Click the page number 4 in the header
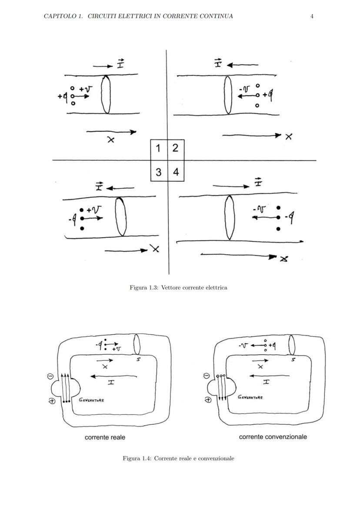point(312,16)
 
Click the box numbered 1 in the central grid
point(159,148)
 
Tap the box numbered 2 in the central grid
point(175,148)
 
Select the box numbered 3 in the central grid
point(159,172)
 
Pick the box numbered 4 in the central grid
point(176,172)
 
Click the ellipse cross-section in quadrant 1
point(106,94)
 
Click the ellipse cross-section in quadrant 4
point(229,217)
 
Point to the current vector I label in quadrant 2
point(218,64)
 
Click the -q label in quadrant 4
point(288,217)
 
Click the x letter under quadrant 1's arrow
point(111,140)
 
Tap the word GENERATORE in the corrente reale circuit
point(91,400)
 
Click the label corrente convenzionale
point(273,436)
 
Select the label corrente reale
point(105,437)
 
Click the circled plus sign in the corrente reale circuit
point(51,401)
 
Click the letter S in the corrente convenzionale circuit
point(293,360)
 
